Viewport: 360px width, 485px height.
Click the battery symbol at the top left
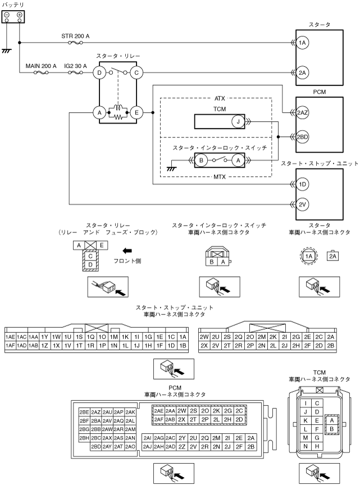tap(13, 17)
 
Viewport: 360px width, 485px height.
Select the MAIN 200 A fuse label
tap(41, 66)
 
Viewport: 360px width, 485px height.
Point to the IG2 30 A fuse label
tap(75, 66)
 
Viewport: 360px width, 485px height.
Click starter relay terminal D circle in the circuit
tap(99, 72)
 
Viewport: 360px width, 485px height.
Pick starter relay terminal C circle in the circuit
tap(136, 72)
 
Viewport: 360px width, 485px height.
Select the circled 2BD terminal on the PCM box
tap(302, 136)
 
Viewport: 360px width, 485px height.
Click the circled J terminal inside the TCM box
tap(238, 121)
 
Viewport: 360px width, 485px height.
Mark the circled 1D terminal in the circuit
tap(302, 184)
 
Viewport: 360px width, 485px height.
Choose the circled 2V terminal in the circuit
tap(302, 204)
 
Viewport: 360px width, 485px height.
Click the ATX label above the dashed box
tap(220, 98)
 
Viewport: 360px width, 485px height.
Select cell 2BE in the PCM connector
tap(85, 411)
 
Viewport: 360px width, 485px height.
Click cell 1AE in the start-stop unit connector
tap(10, 336)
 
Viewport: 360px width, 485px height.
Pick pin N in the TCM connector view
tap(305, 446)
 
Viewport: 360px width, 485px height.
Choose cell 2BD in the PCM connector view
tap(96, 446)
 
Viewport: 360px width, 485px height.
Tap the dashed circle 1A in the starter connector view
tap(308, 256)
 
